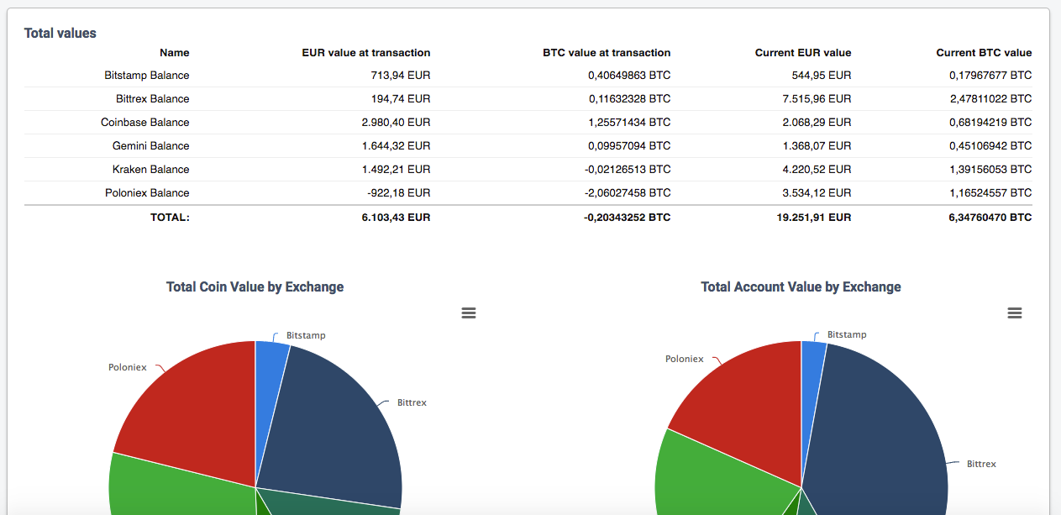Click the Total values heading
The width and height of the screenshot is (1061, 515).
pos(60,34)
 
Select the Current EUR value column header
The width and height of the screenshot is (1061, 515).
pos(802,53)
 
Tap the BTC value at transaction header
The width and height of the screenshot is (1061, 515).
pos(607,53)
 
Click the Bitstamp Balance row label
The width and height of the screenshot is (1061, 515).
pos(147,76)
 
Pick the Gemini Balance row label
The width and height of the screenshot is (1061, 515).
pos(151,146)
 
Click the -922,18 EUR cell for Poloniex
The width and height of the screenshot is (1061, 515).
pos(399,193)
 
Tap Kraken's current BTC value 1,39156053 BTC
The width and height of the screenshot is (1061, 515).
pos(990,170)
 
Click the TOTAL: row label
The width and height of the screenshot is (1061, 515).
pos(170,218)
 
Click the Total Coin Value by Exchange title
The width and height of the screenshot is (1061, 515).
pos(255,287)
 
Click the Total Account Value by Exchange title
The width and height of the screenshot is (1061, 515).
pos(801,287)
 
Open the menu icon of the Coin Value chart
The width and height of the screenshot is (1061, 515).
pos(469,313)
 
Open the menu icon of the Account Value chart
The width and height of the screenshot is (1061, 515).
pos(1015,313)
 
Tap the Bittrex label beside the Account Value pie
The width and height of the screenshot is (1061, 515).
pos(981,464)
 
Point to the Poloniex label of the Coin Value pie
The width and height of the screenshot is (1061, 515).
pos(128,367)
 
